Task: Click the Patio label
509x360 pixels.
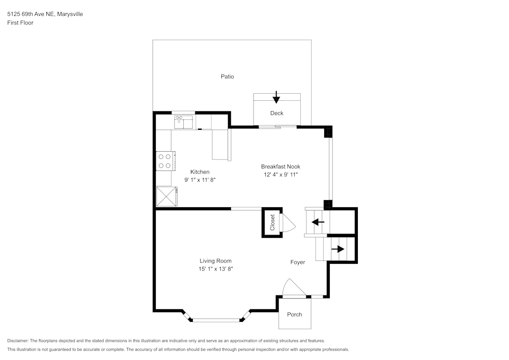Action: [227, 76]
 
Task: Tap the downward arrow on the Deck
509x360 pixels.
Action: [276, 97]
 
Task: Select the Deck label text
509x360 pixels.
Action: [277, 113]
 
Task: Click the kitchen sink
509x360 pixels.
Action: [183, 122]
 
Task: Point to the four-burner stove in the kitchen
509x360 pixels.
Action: [165, 161]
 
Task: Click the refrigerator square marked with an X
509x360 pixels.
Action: [166, 196]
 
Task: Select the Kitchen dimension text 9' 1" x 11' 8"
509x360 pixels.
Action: [200, 180]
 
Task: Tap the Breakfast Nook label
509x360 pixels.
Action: [280, 167]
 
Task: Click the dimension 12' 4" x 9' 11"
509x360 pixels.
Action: [280, 175]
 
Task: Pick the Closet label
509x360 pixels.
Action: [272, 223]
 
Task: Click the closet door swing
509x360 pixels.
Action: [287, 223]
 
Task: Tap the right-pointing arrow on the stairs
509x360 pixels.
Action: [337, 249]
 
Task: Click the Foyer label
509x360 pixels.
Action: [298, 262]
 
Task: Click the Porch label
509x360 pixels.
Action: [294, 314]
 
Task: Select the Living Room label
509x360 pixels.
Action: [215, 261]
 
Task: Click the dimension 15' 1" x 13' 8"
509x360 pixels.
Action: [215, 269]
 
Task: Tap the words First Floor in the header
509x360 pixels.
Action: [20, 23]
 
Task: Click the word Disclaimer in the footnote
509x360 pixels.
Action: [18, 341]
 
